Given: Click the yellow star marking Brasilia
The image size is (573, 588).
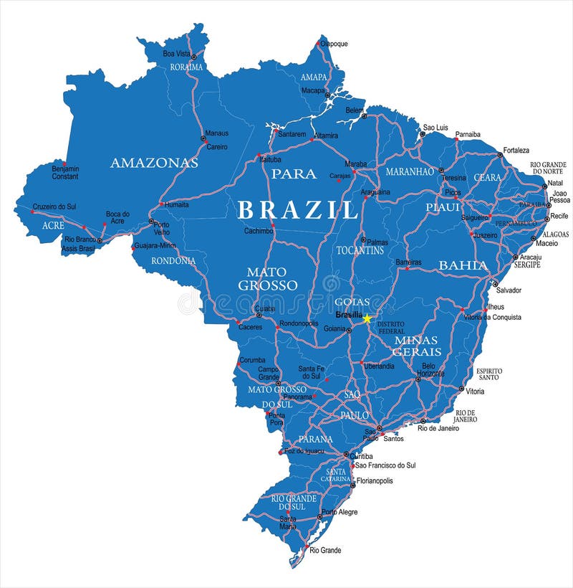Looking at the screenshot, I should tap(367, 318).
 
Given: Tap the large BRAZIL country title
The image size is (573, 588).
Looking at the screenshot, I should tap(297, 210).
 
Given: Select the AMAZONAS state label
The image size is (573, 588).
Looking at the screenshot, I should tap(154, 163).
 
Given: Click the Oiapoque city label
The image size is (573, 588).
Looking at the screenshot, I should tap(334, 44).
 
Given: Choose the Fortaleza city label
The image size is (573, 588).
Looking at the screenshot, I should tap(516, 151).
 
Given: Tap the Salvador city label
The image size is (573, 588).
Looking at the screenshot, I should tap(509, 290).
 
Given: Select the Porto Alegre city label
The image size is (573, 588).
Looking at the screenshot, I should tap(340, 512).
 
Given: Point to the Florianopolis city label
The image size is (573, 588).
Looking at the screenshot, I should tap(375, 480).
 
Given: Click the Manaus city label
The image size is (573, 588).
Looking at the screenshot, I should tap(217, 133).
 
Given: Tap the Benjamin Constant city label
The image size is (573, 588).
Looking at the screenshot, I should tap(65, 172).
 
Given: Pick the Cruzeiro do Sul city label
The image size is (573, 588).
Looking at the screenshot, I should tap(54, 207).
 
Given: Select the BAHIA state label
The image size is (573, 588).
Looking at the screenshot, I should tap(463, 265).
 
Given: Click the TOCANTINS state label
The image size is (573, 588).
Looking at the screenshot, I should tap(360, 250).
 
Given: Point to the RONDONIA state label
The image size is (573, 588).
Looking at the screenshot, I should tap(173, 261).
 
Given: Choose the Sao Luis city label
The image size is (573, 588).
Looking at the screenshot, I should tap(435, 127).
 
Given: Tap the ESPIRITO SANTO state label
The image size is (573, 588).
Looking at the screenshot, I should tap(489, 374).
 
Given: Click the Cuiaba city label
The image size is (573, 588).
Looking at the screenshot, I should tap(264, 308).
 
